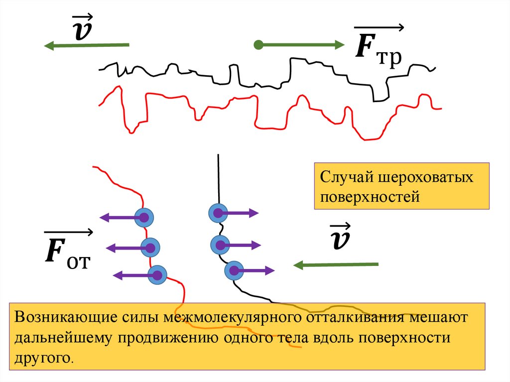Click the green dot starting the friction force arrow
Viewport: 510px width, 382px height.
pos(257,45)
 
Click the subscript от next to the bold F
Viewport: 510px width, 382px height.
pos(77,260)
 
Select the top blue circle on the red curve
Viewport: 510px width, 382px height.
pos(144,217)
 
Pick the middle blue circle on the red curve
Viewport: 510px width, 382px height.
pos(150,247)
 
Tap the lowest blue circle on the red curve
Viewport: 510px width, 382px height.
pos(157,274)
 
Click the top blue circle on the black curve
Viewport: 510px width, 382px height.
pos(218,214)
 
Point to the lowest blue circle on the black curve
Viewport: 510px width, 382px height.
pos(233,270)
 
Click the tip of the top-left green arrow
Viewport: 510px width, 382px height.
pos(45,46)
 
